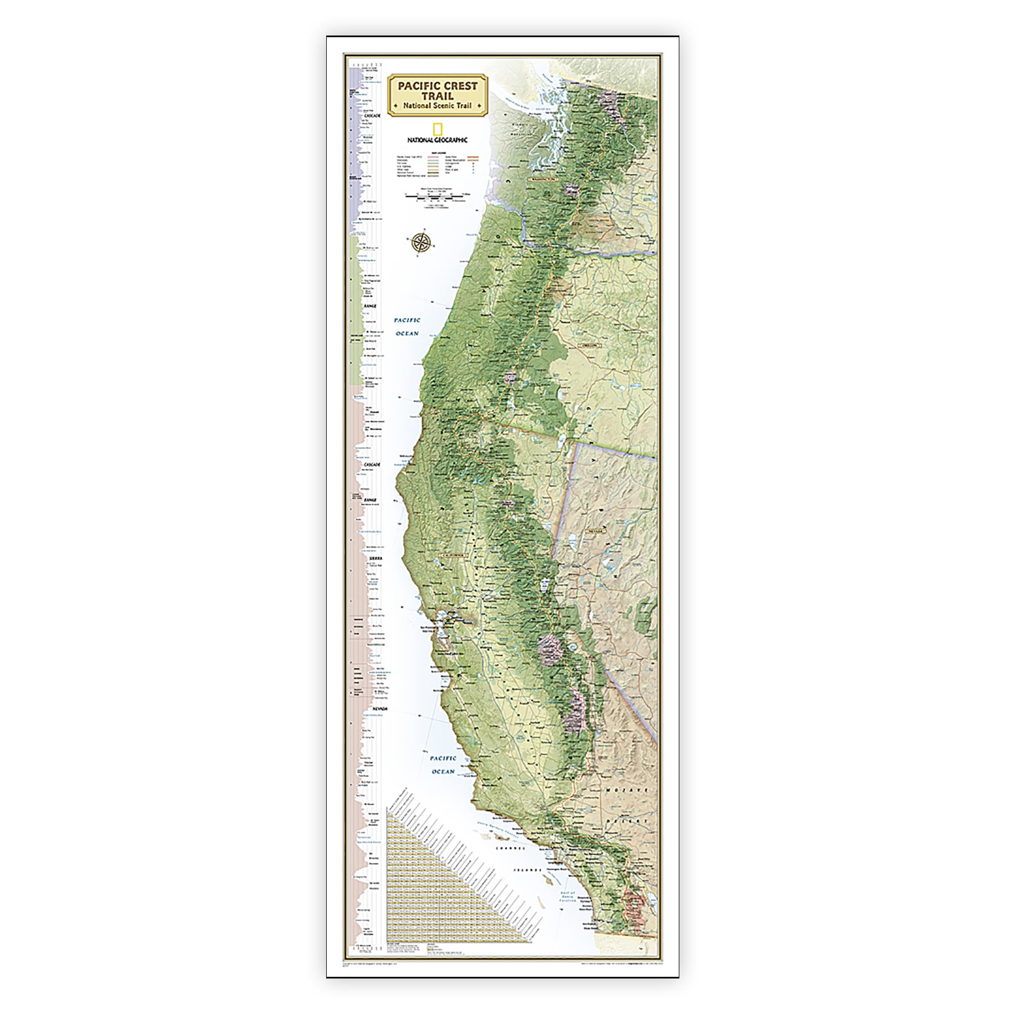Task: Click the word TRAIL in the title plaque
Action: coord(437,96)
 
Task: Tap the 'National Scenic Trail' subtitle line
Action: coord(437,106)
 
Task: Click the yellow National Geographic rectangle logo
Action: coord(437,128)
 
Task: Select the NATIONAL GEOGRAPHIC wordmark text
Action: coord(437,140)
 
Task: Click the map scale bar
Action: coord(437,197)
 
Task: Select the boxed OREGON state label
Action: coord(588,344)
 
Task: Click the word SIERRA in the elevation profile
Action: coord(375,558)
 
